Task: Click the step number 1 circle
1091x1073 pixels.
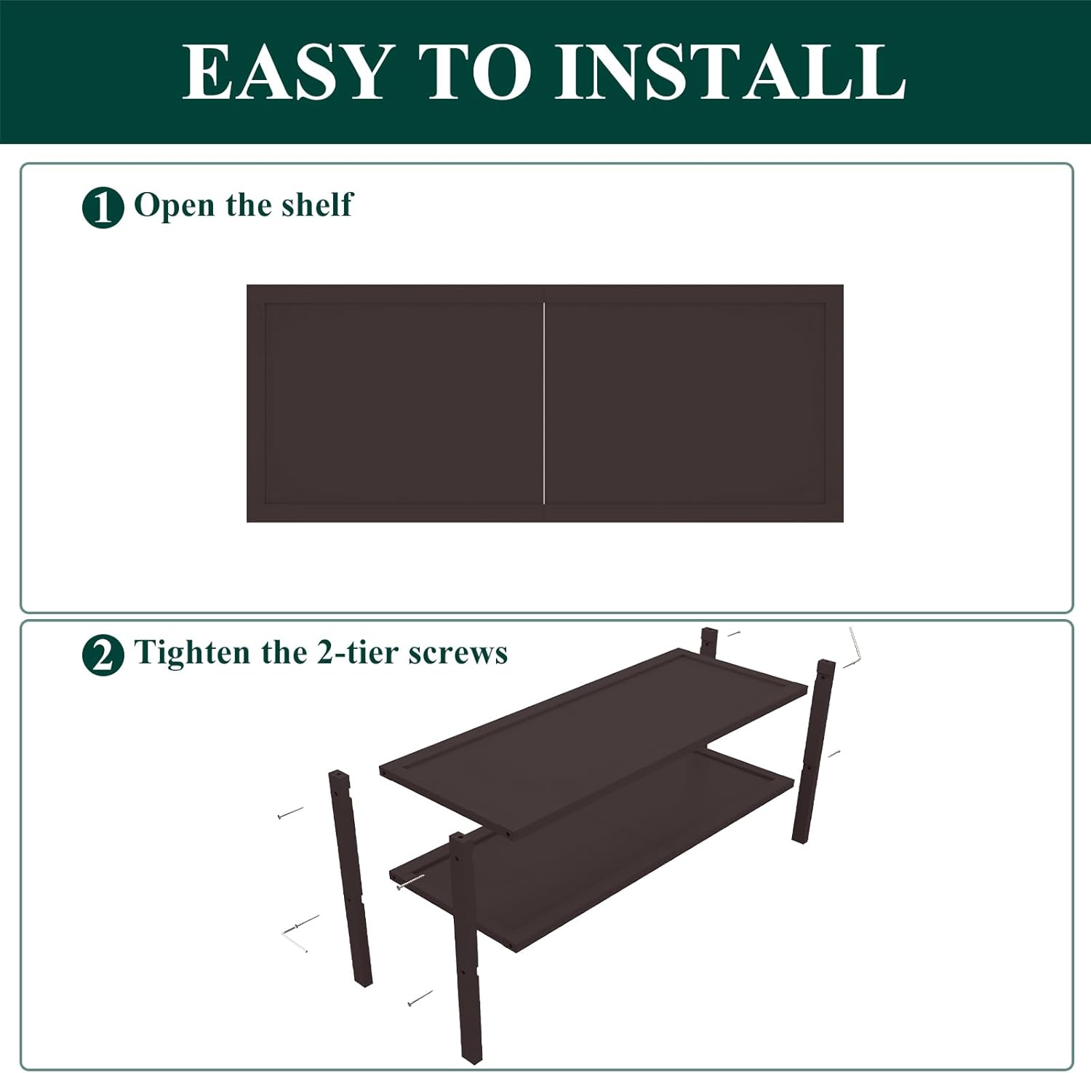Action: point(103,207)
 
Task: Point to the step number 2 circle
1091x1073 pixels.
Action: point(103,655)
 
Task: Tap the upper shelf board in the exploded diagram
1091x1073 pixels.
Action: point(594,743)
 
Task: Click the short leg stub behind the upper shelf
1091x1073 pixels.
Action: point(709,642)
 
